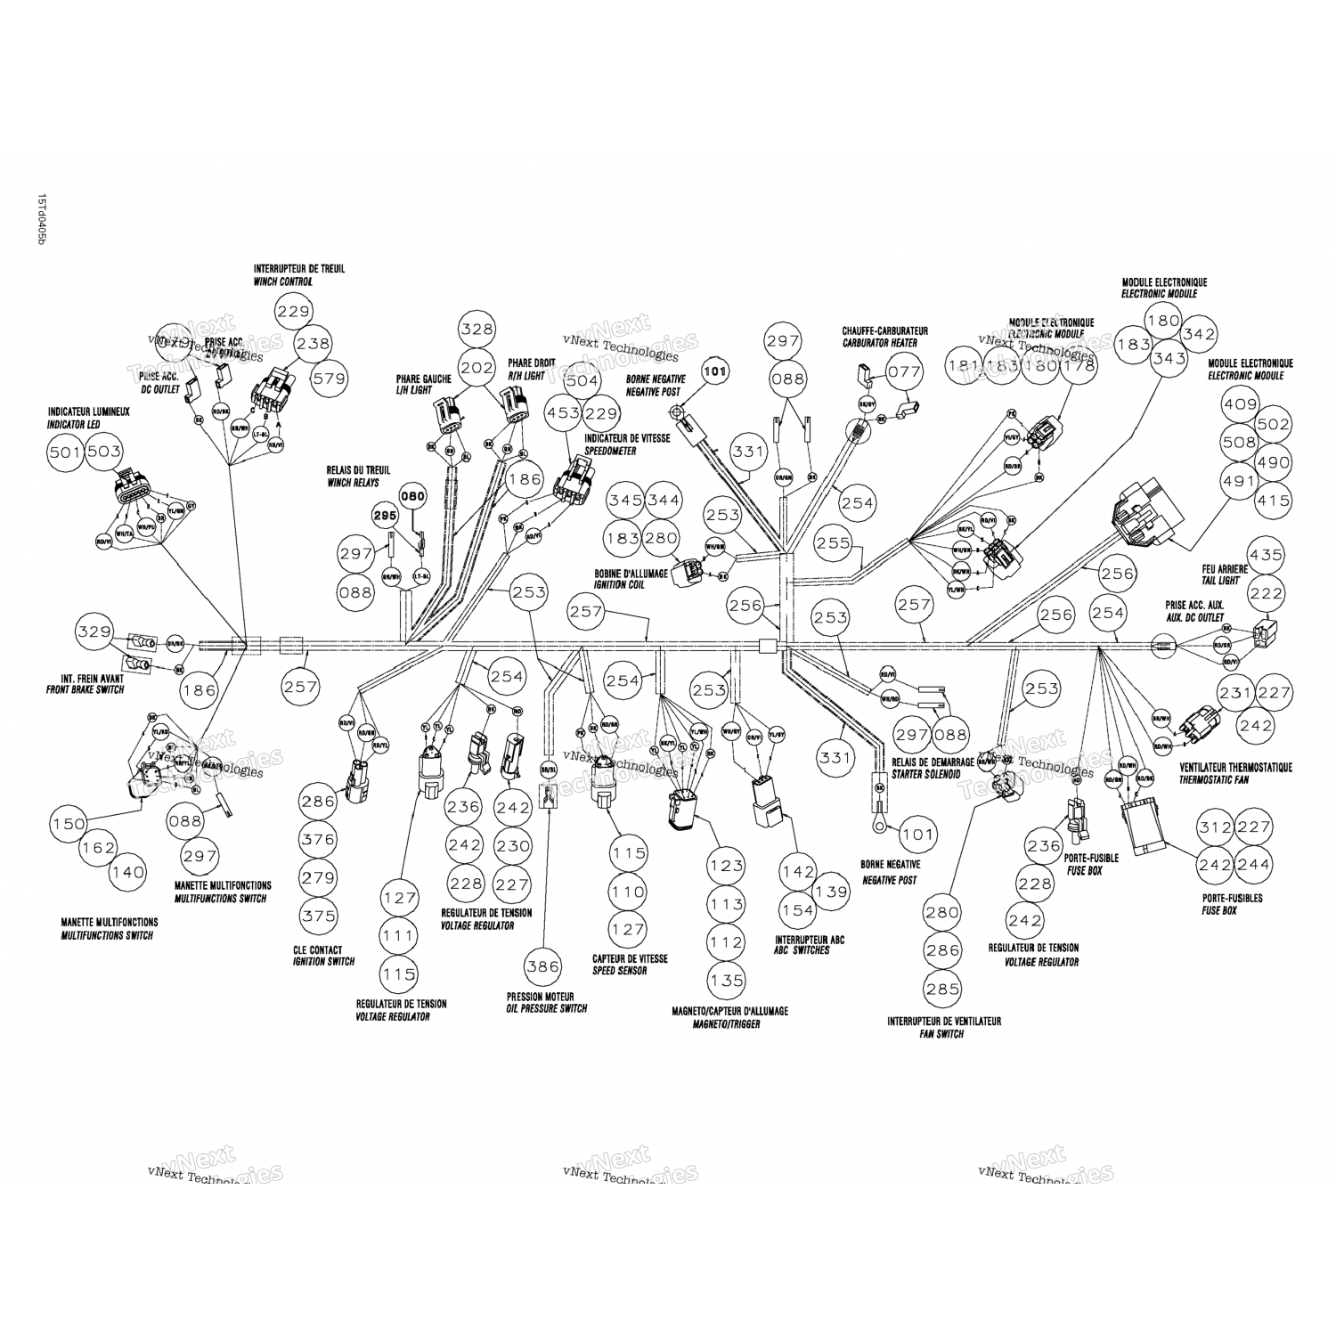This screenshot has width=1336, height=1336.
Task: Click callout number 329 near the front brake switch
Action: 94,631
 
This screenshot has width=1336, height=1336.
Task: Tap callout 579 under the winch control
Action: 330,379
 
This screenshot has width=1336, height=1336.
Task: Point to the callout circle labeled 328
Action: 477,329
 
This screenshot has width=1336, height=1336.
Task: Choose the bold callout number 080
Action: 412,496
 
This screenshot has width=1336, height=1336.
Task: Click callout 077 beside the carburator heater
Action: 905,372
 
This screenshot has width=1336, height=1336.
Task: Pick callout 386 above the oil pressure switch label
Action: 542,965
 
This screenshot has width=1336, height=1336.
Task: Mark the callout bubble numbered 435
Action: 1266,555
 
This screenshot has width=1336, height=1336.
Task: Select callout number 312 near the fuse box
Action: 1217,827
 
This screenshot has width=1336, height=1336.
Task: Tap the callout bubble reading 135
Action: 727,981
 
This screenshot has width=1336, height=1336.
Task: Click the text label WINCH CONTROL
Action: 282,282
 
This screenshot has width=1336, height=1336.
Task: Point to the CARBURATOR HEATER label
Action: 879,343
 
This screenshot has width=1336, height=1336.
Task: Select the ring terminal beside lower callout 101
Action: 876,823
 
